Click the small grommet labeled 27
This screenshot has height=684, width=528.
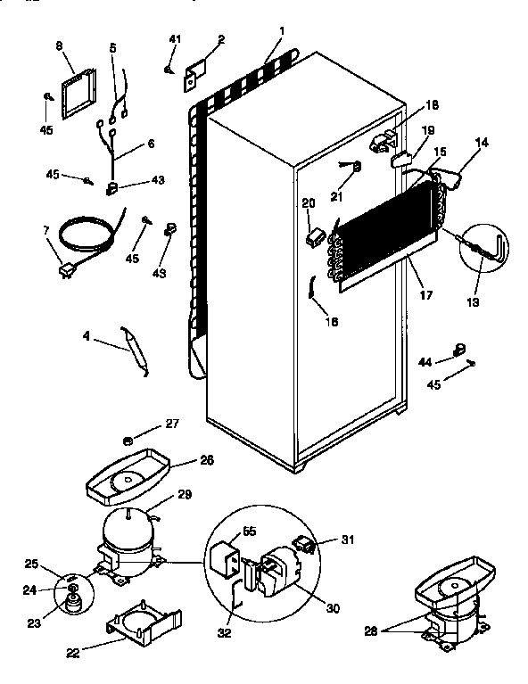pos(128,441)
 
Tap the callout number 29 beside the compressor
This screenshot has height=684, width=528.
pos(185,494)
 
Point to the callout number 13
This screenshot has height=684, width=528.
pos(472,302)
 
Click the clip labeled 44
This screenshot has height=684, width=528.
pos(461,350)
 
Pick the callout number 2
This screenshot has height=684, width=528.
pos(220,39)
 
